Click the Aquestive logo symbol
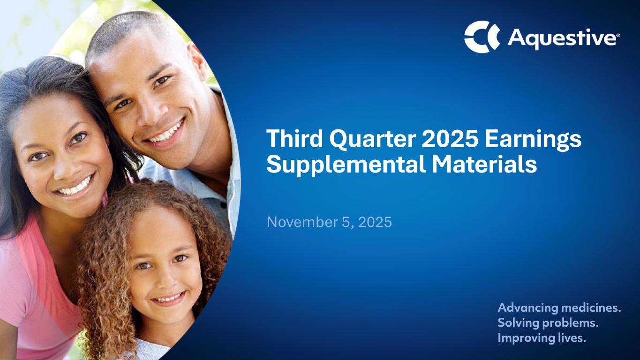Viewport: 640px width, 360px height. point(482,37)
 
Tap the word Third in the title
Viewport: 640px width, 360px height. point(295,138)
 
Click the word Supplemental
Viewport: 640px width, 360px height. point(346,166)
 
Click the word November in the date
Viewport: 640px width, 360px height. point(302,222)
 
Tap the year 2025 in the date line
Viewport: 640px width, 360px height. point(375,222)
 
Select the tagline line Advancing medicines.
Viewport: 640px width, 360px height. point(559,308)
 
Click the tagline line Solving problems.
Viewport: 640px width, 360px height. point(548,323)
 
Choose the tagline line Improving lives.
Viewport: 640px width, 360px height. point(542,337)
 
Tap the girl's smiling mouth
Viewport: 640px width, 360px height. point(169,298)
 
